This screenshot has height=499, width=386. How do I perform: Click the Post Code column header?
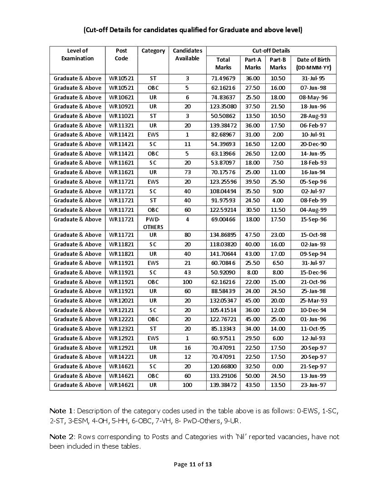pos(121,54)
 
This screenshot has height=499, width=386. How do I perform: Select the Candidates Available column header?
pos(187,54)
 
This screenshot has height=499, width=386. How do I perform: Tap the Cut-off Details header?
pos(271,50)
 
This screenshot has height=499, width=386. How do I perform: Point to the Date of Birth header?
pos(313,64)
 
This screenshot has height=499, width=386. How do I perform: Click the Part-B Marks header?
pos(277,64)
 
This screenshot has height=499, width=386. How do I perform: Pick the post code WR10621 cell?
pos(121,97)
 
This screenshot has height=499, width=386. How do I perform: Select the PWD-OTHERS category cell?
pos(153,223)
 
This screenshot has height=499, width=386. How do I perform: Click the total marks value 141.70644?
pos(223,254)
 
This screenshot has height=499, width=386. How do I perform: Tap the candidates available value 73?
pos(187,172)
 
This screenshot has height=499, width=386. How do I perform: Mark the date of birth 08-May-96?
pos(313,97)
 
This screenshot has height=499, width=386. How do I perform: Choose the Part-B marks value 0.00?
pos(277,366)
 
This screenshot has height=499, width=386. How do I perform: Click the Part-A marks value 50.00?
pos(252,376)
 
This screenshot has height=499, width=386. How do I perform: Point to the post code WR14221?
pos(121,357)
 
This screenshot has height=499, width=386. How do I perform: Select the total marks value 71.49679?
pos(223,78)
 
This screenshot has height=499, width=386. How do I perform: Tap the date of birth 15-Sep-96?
pos(313,220)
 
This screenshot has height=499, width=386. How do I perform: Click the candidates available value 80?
pos(187,235)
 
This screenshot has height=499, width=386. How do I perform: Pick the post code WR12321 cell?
pos(121,329)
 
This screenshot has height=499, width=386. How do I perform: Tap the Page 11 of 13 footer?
pos(193,464)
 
